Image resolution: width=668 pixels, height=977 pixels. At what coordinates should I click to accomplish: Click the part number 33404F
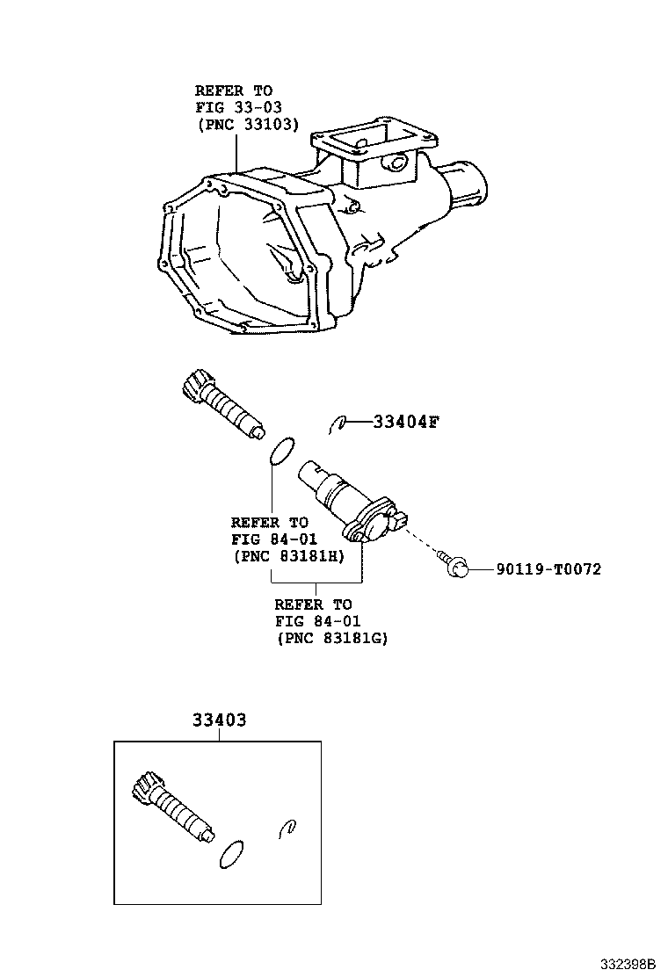[406, 423]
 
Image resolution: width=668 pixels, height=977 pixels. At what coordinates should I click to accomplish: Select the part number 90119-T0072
[549, 569]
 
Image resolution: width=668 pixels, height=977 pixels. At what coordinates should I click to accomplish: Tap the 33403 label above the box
[220, 720]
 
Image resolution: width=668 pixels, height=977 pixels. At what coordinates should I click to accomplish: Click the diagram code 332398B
[628, 965]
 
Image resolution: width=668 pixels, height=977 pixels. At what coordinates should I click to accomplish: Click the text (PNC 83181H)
[288, 556]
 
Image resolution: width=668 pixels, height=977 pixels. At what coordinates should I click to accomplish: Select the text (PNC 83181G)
[332, 638]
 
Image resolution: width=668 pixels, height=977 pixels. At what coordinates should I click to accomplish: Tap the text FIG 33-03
[239, 108]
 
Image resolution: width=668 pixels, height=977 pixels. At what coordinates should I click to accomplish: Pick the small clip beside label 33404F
[337, 424]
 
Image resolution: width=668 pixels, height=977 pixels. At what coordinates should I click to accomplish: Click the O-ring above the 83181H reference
[281, 451]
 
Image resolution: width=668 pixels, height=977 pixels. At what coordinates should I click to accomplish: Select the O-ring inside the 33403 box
[231, 854]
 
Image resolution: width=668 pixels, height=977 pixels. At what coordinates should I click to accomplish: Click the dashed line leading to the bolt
[423, 541]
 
